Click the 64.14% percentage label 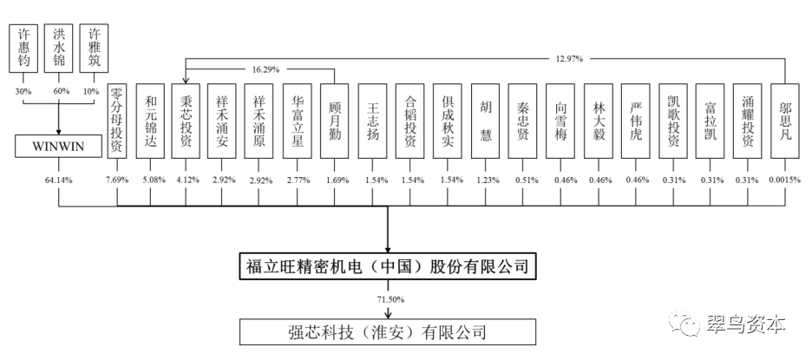click(x=58, y=180)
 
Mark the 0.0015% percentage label click(x=786, y=180)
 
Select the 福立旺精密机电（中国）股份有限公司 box click(x=388, y=265)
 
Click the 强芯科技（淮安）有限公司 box click(x=388, y=331)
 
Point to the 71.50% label click(x=388, y=299)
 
